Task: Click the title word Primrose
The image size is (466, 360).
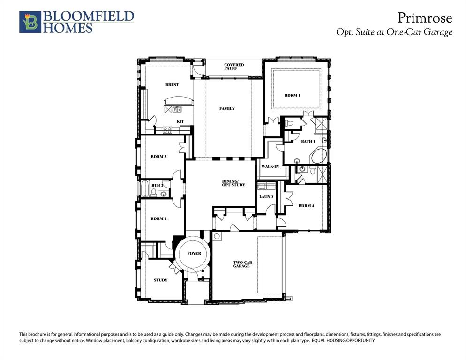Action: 425,18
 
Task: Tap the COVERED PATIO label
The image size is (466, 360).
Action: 233,67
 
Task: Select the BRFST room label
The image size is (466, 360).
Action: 172,85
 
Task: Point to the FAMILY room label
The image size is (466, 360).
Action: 227,108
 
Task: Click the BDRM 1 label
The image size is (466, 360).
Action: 292,95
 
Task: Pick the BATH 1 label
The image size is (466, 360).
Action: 308,141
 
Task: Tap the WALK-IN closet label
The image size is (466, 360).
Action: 270,167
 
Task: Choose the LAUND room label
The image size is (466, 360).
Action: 266,196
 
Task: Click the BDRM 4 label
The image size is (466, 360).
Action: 306,205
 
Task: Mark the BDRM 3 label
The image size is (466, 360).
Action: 158,157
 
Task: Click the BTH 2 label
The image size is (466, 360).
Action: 157,185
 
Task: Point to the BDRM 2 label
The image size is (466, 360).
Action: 158,218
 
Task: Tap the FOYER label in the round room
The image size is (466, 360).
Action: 194,253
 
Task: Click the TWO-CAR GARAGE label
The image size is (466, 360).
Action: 241,264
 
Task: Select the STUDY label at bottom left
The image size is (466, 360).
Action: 160,280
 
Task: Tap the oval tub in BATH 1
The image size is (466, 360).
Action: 318,156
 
